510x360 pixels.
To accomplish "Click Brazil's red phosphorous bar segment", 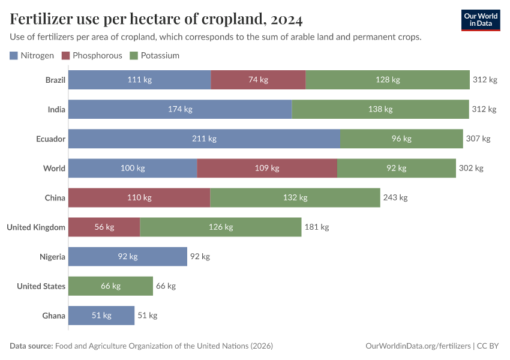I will coord(258,80).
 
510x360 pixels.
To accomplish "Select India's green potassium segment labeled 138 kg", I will coord(380,109).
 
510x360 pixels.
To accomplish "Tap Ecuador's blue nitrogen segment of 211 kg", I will coord(204,139).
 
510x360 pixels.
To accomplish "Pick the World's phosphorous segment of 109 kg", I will coord(267,168).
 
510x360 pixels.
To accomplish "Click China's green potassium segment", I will coord(295,197).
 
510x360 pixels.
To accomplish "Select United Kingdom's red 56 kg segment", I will coord(104,227).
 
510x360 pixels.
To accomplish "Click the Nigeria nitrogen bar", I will coord(127,256).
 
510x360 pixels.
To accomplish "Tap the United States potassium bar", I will coord(110,286).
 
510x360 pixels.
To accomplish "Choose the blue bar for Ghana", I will coord(101,315).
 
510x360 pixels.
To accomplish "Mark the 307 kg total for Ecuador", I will coord(478,139).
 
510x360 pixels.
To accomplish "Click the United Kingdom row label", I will coord(36,227).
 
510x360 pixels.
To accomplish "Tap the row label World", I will coord(54,168).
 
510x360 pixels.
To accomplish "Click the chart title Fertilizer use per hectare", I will coord(156,19).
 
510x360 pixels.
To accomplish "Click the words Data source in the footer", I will coord(31,346).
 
